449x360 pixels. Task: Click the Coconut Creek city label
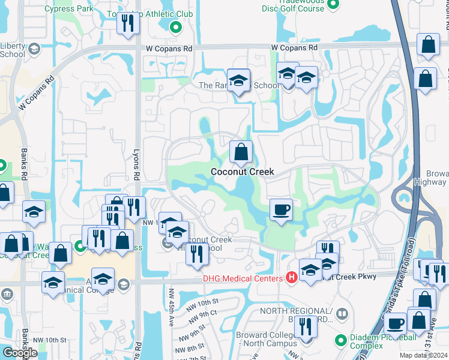coord(242,172)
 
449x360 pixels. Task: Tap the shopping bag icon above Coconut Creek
coord(241,152)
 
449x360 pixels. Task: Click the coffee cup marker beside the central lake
coord(280,210)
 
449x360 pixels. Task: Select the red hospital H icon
coord(291,277)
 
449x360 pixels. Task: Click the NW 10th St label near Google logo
coord(49,340)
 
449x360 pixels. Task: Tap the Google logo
coord(20,353)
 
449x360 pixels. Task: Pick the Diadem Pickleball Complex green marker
coord(341,341)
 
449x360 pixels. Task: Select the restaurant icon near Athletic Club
coord(128,23)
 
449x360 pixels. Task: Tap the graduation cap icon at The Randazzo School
coord(238,81)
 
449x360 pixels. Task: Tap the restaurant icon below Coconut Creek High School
coord(196,254)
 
